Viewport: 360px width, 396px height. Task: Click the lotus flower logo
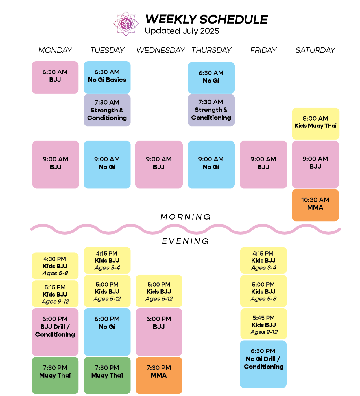click(126, 24)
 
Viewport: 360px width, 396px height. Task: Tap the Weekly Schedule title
click(206, 20)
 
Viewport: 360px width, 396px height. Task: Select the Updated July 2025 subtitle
click(182, 31)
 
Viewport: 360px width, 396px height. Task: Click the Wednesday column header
click(160, 50)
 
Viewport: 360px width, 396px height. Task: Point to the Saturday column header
click(315, 50)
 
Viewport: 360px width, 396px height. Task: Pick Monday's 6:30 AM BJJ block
click(55, 77)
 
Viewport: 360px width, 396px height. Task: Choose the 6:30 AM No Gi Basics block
click(107, 77)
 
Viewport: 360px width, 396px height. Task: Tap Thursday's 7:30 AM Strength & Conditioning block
click(211, 110)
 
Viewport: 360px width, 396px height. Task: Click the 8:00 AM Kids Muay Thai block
click(315, 123)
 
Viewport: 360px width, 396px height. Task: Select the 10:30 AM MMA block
click(315, 205)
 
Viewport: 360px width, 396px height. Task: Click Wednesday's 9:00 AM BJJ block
click(159, 164)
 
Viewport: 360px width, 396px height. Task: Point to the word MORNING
click(186, 217)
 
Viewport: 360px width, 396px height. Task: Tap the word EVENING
click(186, 241)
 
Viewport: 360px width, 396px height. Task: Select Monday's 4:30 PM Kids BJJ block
click(55, 266)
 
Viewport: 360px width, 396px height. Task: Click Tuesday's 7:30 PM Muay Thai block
click(107, 375)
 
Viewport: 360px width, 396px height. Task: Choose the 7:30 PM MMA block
click(159, 375)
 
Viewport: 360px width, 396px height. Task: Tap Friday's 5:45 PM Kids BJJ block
click(264, 324)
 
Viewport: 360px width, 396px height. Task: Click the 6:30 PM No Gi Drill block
click(263, 364)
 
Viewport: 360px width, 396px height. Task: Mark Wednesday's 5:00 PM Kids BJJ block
click(159, 291)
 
